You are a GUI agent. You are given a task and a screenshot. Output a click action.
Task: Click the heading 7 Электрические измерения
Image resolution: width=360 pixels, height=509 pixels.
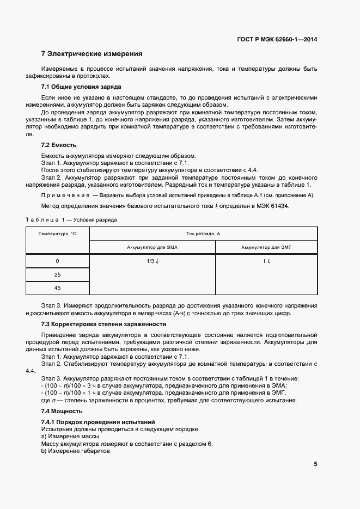pos(92,54)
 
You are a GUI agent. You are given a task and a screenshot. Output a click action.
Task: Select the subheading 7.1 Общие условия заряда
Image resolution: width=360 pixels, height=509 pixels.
pos(81,87)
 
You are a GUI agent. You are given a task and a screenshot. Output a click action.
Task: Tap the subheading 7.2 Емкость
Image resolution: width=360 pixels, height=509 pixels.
pos(59,145)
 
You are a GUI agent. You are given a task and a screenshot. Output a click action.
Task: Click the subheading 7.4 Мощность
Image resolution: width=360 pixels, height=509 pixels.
pos(62,411)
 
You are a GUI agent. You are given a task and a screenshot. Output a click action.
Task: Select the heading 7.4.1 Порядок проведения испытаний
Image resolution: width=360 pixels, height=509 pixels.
pos(99,422)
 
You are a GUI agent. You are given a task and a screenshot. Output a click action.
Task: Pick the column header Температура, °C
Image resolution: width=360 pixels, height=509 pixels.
pos(57,234)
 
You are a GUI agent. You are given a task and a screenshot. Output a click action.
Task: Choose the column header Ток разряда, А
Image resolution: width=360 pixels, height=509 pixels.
pos(203,234)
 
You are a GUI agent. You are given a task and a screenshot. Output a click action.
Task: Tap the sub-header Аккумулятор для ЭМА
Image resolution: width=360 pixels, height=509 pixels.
pos(152,247)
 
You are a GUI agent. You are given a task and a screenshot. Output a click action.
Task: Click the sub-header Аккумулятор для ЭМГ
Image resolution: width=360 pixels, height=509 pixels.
pos(267,247)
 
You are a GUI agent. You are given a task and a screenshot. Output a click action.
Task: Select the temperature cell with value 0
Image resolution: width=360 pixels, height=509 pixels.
pos(57,261)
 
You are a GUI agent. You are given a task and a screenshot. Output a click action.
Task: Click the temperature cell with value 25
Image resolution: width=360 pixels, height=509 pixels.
pos(57,275)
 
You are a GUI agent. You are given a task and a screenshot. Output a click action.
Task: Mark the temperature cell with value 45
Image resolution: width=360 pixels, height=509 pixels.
pos(57,288)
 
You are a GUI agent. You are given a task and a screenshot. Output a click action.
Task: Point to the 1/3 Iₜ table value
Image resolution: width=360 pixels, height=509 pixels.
pos(152,261)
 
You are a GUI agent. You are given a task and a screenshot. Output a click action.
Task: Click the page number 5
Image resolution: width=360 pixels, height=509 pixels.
pos(315,464)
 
